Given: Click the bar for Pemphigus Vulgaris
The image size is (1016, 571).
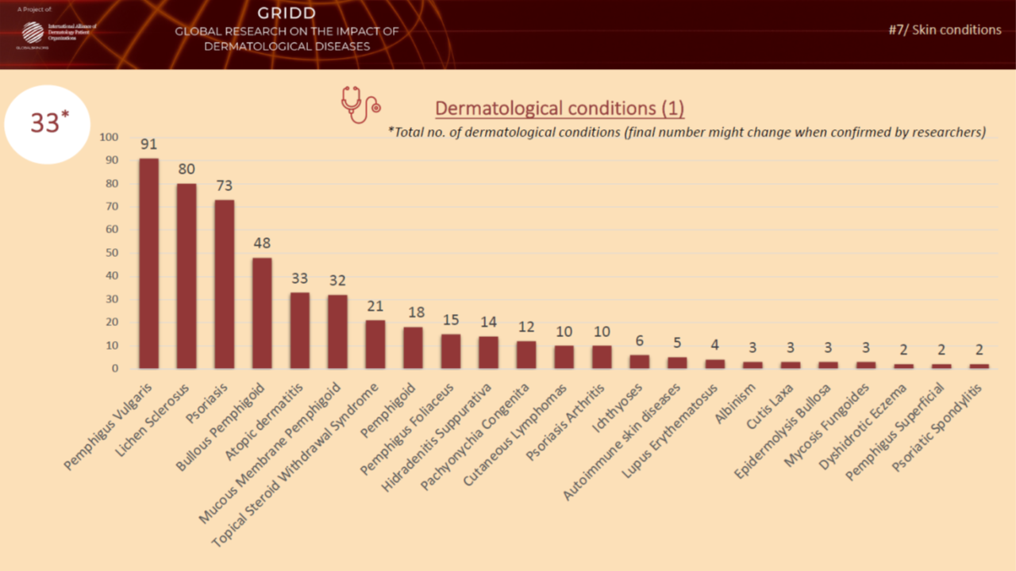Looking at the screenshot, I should (148, 263).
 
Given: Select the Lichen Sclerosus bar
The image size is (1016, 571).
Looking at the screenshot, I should (187, 276).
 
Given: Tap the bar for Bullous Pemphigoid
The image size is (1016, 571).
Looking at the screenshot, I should (262, 313).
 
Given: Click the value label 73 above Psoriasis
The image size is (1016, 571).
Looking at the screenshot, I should (224, 186).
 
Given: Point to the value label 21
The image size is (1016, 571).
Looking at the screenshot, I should (375, 306).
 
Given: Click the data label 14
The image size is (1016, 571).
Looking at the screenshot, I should (488, 322).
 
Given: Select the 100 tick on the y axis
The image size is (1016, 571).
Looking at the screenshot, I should (108, 137).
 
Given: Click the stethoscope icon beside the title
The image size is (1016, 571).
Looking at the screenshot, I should (360, 105).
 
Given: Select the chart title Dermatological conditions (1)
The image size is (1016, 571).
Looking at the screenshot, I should (559, 108).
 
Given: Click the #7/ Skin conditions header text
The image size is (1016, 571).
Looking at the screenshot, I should (945, 30).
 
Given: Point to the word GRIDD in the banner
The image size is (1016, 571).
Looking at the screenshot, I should (287, 13).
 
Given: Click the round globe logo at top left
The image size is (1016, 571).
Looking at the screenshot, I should (33, 33).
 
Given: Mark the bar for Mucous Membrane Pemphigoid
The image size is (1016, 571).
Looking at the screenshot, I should (337, 331).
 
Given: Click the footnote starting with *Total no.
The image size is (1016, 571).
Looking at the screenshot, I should (687, 132).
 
